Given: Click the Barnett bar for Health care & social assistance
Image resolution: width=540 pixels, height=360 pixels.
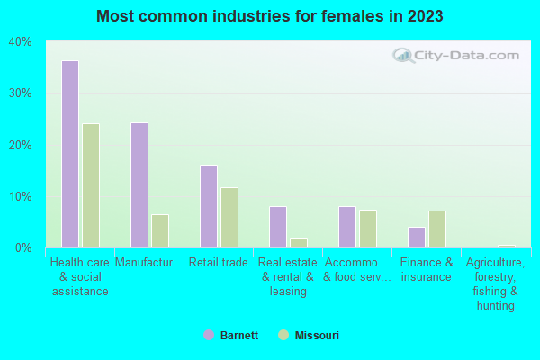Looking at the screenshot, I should [x=69, y=154].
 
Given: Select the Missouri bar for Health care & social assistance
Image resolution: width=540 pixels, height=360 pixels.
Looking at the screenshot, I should [x=91, y=185].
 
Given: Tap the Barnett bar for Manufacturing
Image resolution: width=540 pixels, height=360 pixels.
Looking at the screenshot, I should [x=139, y=185].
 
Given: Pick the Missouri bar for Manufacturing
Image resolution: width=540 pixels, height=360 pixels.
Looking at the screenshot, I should [x=160, y=231].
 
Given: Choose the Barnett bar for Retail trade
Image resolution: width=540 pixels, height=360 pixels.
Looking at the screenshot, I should [x=209, y=206].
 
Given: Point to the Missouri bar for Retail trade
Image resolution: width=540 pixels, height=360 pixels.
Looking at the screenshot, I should [x=229, y=218].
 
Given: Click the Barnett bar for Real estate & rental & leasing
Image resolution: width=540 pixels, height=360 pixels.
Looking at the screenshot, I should [x=278, y=227].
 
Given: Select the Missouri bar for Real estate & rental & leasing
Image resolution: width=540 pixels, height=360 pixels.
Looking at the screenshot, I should [x=299, y=243].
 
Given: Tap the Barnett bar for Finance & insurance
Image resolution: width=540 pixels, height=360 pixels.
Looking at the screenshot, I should [x=417, y=238].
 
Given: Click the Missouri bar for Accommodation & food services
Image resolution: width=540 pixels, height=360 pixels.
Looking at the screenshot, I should [x=368, y=229].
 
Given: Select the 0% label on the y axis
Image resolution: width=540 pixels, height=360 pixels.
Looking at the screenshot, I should [x=23, y=247].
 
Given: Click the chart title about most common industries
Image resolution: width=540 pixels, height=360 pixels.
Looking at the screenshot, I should [x=270, y=16].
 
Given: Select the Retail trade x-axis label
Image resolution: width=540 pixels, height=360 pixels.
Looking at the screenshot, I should [x=217, y=263].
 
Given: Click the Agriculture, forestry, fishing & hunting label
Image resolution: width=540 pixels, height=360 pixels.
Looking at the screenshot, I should [x=496, y=283].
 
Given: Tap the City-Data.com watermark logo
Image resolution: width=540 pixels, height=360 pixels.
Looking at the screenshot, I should [x=455, y=56].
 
